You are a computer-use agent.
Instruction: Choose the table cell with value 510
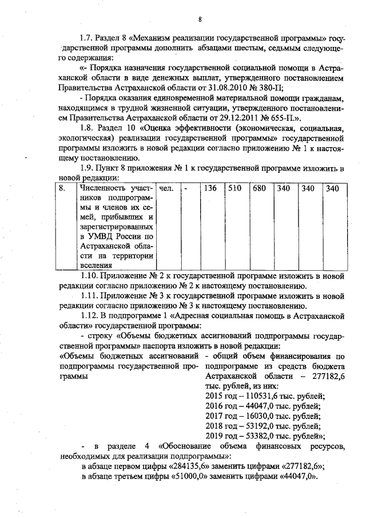coord(234,188)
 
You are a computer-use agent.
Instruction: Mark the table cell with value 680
coord(259,188)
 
